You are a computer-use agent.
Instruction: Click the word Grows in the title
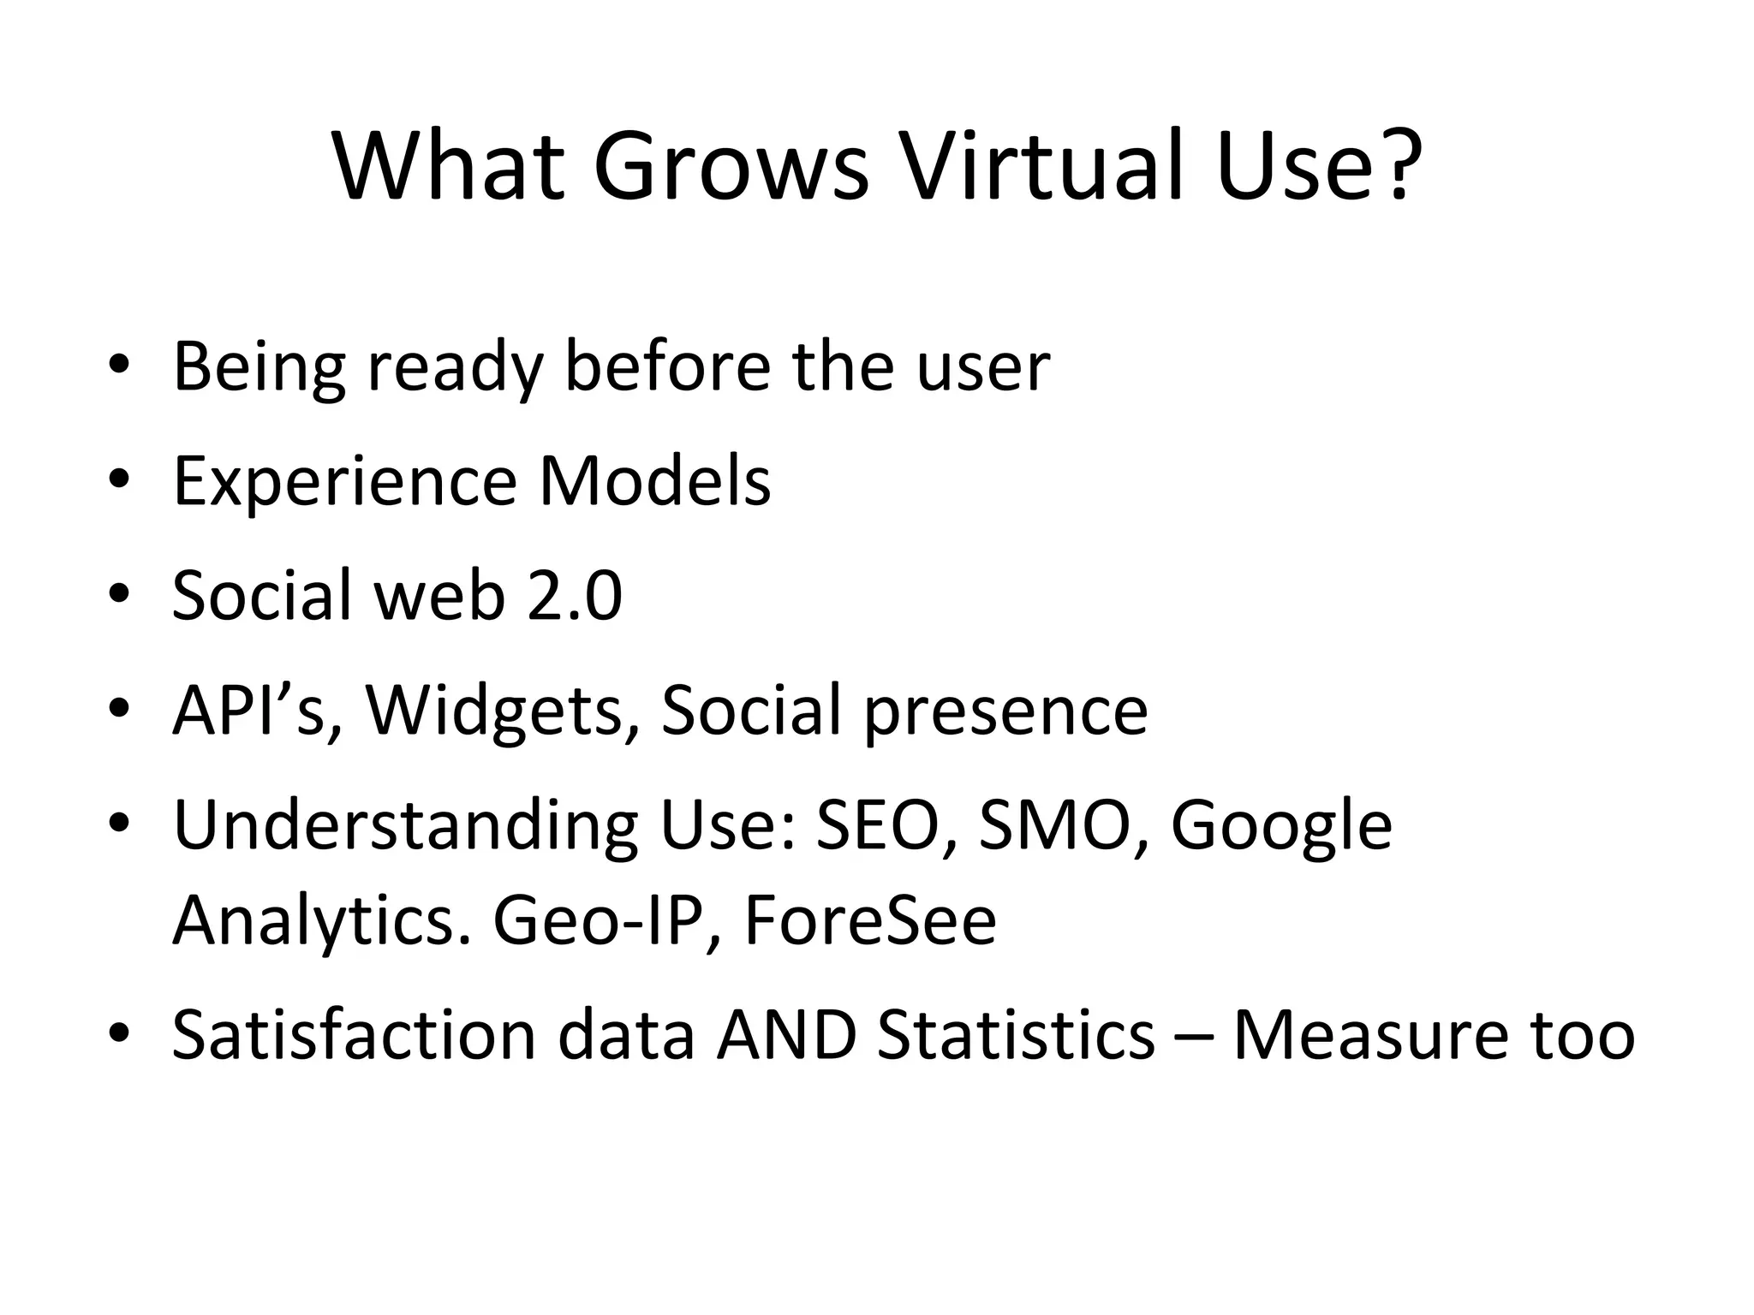[x=731, y=167]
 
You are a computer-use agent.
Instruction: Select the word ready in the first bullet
[x=456, y=368]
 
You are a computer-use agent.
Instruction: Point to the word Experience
[x=344, y=482]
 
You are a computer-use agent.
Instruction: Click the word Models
[x=655, y=482]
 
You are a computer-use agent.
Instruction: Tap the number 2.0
[x=575, y=596]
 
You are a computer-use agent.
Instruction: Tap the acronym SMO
[x=1062, y=825]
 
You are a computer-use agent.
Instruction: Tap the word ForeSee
[x=870, y=922]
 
